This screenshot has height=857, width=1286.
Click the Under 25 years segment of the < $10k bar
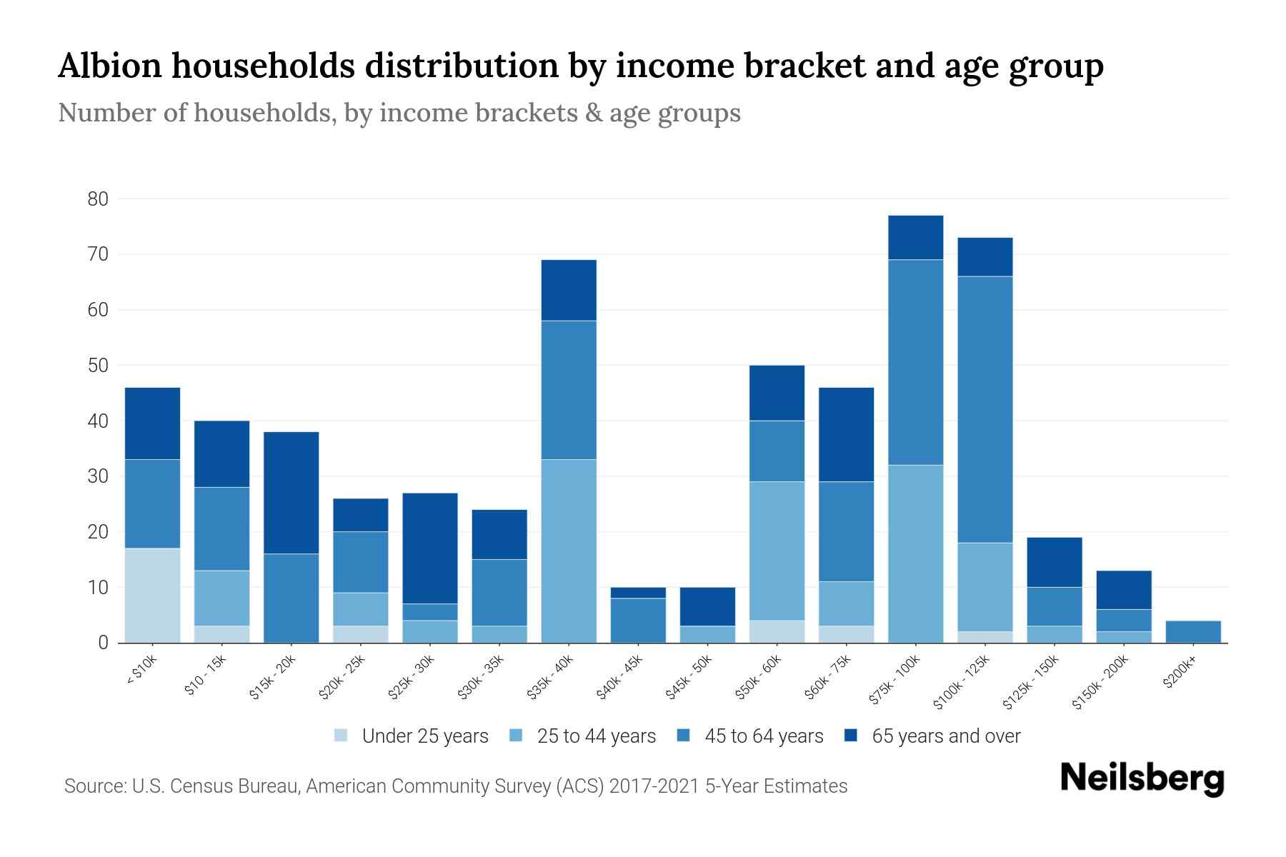point(152,595)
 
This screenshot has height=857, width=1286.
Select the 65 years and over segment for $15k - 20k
point(291,493)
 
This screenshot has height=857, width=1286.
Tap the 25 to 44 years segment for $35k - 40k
point(569,551)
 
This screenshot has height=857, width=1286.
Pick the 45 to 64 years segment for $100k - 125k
point(985,409)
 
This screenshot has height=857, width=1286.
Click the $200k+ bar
point(1193,632)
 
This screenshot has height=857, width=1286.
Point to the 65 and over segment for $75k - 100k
point(915,238)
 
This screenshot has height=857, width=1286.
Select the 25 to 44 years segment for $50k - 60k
point(777,551)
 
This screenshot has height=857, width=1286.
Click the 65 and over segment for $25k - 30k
point(430,548)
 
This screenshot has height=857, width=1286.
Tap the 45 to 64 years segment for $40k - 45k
point(638,621)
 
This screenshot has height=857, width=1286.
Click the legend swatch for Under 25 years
point(341,736)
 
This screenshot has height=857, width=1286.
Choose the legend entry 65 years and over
point(945,736)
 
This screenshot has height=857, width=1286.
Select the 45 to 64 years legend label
point(763,736)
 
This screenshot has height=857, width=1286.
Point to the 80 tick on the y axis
point(98,199)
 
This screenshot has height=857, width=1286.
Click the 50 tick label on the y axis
point(98,366)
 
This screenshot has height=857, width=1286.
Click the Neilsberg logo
point(1142,778)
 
